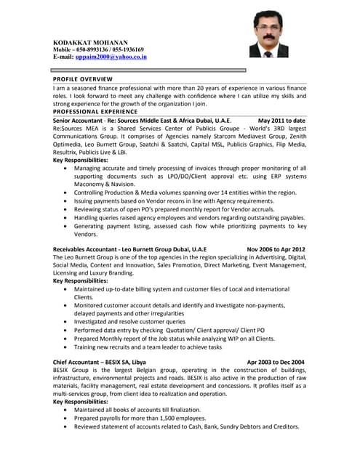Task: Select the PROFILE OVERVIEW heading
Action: pyautogui.click(x=82, y=78)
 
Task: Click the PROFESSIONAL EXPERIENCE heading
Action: pyautogui.click(x=95, y=112)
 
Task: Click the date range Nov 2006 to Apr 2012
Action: pyautogui.click(x=276, y=249)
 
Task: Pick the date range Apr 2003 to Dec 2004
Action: pyautogui.click(x=276, y=362)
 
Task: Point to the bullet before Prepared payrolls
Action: pyautogui.click(x=67, y=418)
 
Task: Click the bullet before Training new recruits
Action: pyautogui.click(x=67, y=347)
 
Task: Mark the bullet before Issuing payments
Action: pyautogui.click(x=67, y=201)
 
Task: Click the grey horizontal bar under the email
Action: pyautogui.click(x=149, y=70)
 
